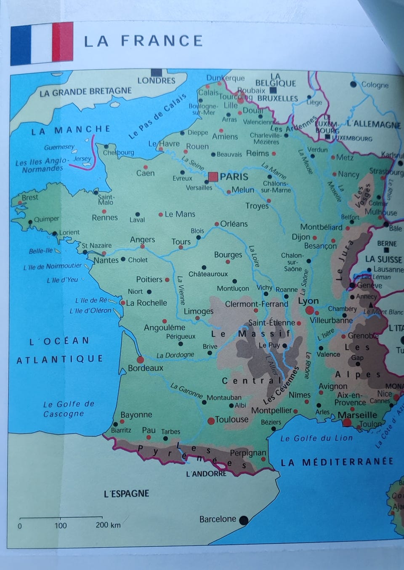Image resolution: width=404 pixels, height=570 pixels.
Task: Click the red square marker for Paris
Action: click(x=213, y=177)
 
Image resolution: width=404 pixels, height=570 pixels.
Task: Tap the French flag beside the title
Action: click(x=42, y=44)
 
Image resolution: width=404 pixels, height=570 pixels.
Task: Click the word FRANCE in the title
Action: click(x=162, y=41)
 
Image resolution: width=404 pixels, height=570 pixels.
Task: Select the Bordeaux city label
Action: click(x=146, y=368)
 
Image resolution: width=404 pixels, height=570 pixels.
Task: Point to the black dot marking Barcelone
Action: click(x=243, y=520)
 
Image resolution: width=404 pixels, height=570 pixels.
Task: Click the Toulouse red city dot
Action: click(x=211, y=420)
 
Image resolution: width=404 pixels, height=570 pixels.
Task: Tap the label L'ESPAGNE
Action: click(x=126, y=493)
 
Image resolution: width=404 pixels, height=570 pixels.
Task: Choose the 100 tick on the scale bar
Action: click(x=61, y=519)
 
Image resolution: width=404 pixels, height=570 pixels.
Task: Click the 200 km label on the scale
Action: click(x=108, y=525)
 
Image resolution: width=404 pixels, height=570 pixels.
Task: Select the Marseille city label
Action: click(x=357, y=415)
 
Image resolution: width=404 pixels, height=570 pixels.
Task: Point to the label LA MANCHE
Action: click(x=71, y=130)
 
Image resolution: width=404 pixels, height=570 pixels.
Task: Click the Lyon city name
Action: click(x=308, y=301)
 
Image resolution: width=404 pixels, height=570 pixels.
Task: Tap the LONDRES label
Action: click(x=156, y=80)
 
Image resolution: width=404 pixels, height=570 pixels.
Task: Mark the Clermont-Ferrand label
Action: click(x=257, y=304)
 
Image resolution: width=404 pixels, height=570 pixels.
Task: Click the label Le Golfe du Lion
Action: click(x=316, y=438)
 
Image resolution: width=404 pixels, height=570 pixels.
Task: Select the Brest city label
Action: click(x=30, y=197)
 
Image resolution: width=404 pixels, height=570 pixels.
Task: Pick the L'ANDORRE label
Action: click(x=206, y=474)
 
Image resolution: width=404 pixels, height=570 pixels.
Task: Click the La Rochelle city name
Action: click(x=146, y=302)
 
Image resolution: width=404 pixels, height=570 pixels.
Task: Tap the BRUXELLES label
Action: click(x=277, y=98)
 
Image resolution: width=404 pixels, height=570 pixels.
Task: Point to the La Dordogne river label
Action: click(x=175, y=355)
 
